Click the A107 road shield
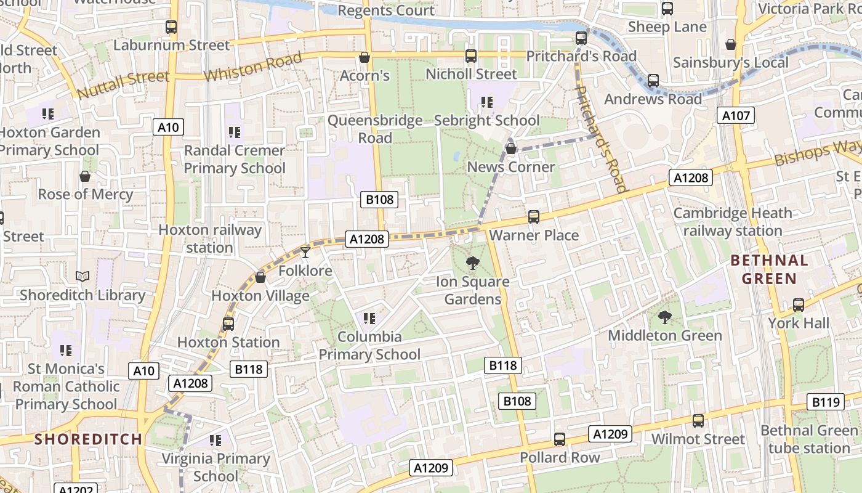[x=735, y=115]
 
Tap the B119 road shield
[x=825, y=402]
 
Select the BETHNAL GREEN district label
[x=769, y=269]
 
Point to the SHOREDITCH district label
[x=88, y=439]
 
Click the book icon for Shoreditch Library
[x=83, y=276]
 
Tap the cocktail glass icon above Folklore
[x=305, y=252]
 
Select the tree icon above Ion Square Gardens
[x=473, y=263]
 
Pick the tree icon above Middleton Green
[x=664, y=317]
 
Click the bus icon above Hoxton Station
[x=228, y=324]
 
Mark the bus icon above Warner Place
[x=534, y=217]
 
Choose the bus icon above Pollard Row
[x=559, y=439]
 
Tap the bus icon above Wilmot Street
[x=698, y=421]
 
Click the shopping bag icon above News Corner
[x=510, y=149]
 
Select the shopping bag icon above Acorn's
[x=365, y=57]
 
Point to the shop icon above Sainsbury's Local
[x=730, y=44]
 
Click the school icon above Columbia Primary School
[x=369, y=319]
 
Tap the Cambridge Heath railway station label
[x=732, y=222]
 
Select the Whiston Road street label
[x=253, y=67]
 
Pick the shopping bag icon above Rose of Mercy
[x=85, y=176]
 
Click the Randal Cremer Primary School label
[x=235, y=159]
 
